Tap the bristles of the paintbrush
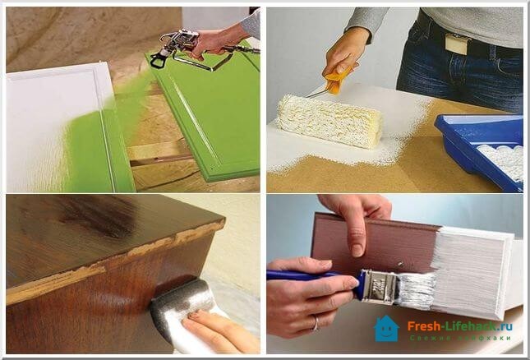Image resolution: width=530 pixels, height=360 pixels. pos(415,289)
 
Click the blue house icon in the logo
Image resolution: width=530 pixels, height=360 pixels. pos(386,329)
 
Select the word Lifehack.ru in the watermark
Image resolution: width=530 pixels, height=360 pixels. pos(481,326)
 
